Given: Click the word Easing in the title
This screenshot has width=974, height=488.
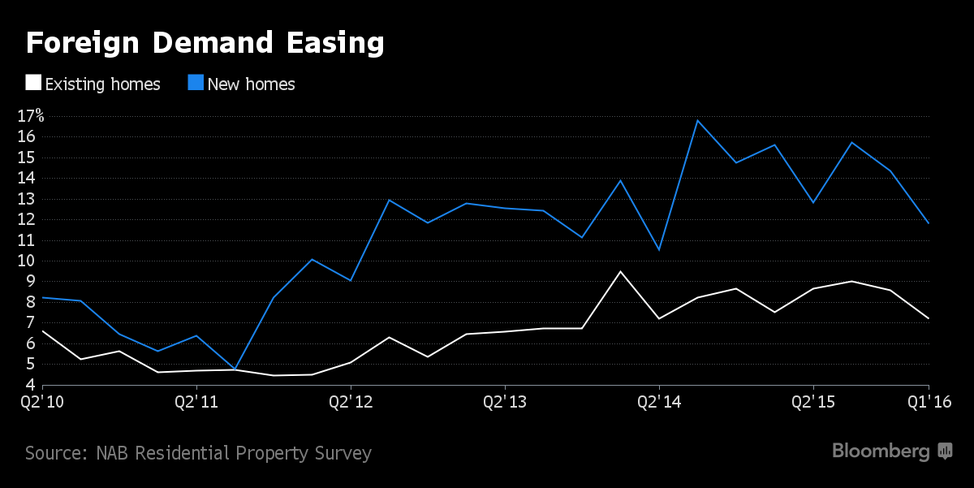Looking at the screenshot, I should (328, 43).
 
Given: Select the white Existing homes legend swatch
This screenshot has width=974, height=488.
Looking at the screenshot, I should (33, 83).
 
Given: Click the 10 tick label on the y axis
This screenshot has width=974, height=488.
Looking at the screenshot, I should (26, 261).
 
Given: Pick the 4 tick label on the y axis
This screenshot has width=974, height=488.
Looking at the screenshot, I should (30, 385).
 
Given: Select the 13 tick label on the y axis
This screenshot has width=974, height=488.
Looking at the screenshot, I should (26, 199).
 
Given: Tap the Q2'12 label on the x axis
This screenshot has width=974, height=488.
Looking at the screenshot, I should (351, 401).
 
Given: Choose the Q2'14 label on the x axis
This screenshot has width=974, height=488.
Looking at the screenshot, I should (659, 401).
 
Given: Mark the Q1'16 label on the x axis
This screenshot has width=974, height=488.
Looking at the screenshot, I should (929, 401).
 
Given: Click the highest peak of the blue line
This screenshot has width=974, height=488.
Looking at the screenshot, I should (697, 120).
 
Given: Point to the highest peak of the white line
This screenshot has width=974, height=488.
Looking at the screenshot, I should (620, 271).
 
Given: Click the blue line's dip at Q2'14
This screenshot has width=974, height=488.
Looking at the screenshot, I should (659, 250).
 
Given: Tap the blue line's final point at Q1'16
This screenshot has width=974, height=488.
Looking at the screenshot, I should (929, 222).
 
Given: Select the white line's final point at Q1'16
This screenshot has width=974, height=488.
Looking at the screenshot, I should (929, 318).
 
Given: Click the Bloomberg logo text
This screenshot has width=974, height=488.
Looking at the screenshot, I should (881, 451).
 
